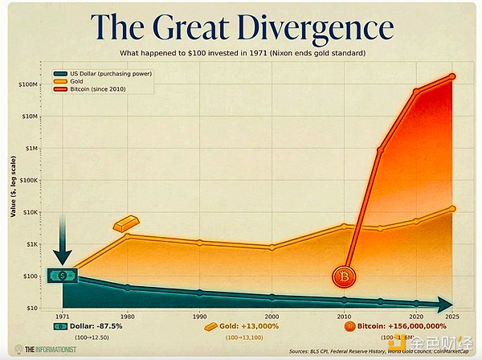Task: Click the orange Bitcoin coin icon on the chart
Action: [344, 277]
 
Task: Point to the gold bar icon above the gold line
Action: [127, 223]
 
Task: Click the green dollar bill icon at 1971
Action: [63, 276]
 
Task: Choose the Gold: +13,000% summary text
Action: [250, 327]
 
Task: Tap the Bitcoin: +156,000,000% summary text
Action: [402, 327]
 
